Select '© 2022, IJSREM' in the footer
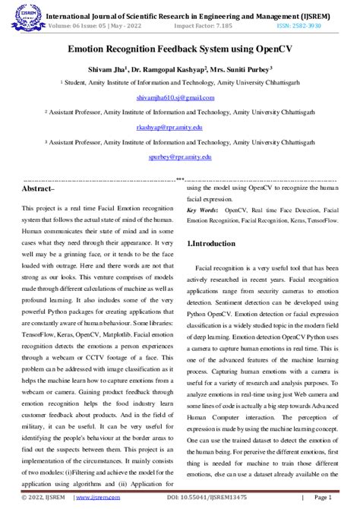click(38, 498)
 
